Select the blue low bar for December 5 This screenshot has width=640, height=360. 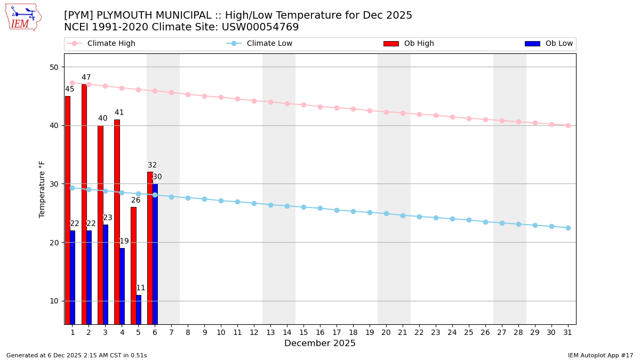139,309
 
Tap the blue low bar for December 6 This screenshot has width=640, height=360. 155,254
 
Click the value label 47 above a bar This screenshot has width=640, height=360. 86,77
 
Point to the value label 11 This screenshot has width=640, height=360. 141,288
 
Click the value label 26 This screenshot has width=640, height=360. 136,201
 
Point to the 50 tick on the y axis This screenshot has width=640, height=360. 54,67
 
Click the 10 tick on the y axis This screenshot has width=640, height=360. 54,301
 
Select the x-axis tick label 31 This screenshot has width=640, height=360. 568,332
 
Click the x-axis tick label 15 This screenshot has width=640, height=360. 303,332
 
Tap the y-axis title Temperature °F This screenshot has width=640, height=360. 43,189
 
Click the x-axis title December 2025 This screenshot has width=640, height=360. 320,343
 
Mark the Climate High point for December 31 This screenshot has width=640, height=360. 568,125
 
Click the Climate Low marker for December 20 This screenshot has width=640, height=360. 386,213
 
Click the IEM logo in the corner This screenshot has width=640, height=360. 23,17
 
